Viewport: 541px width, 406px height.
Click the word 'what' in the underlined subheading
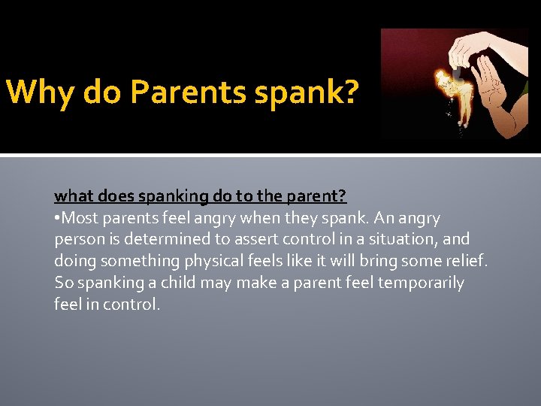pyautogui.click(x=71, y=197)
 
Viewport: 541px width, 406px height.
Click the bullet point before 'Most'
pyautogui.click(x=57, y=219)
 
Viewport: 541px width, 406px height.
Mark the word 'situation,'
pyautogui.click(x=399, y=240)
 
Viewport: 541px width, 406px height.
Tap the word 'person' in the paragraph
pyautogui.click(x=78, y=240)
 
